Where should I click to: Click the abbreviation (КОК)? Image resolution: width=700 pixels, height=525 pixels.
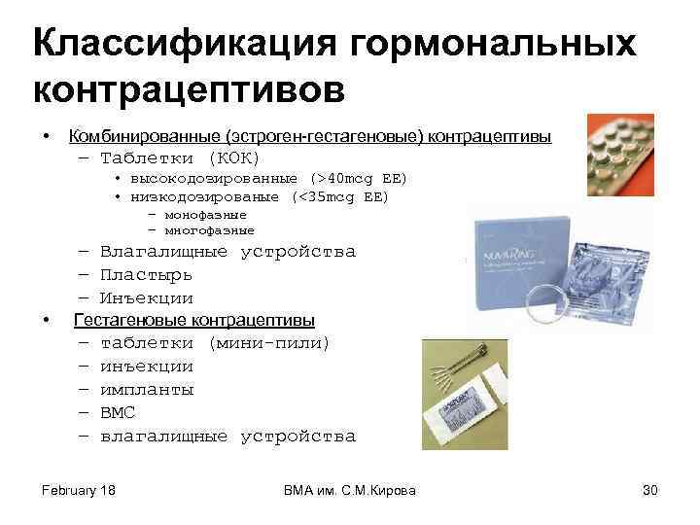[233, 157]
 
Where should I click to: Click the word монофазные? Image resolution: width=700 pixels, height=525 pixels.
[205, 214]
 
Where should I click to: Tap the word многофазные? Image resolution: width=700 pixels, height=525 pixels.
[209, 230]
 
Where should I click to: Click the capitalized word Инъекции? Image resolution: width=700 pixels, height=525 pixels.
[147, 298]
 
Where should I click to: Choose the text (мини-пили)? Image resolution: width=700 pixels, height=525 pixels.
[268, 343]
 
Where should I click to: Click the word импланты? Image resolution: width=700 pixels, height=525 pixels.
[147, 390]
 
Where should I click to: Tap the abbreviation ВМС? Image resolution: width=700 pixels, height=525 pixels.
[118, 413]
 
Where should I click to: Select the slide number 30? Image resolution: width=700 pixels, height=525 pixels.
[650, 490]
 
